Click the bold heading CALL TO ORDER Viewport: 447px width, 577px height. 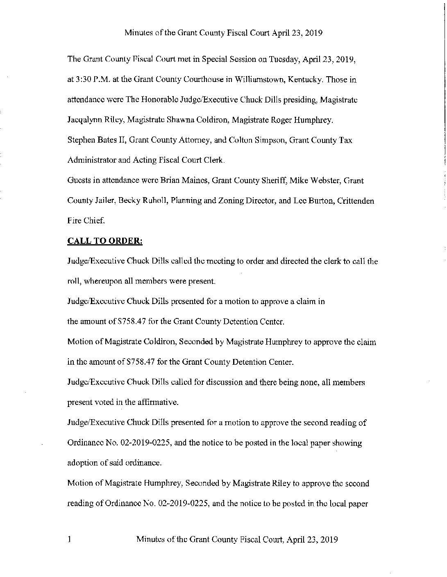pyautogui.click(x=105, y=241)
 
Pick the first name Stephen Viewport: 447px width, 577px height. pyautogui.click(x=80, y=140)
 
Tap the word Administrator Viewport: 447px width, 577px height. pyautogui.click(x=92, y=161)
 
